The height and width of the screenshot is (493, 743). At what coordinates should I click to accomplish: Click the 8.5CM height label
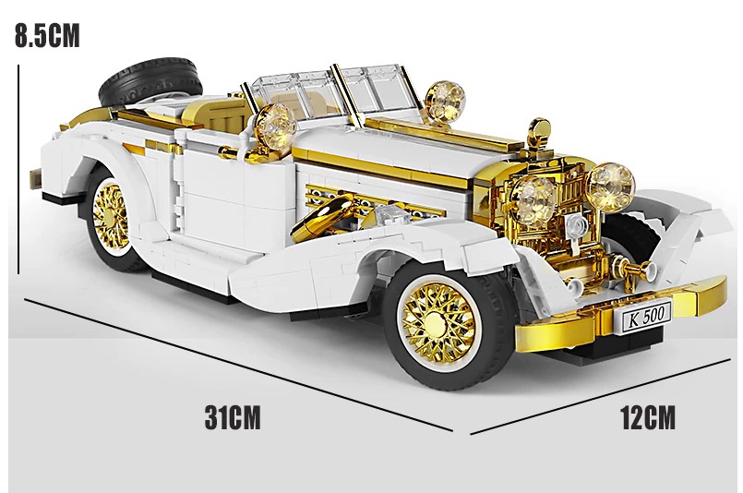coord(47,36)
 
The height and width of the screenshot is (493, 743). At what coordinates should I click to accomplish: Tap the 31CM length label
coord(233,417)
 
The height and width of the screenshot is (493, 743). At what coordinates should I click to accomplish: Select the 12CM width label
coord(648,417)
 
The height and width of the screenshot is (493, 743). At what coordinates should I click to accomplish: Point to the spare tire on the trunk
coord(150,82)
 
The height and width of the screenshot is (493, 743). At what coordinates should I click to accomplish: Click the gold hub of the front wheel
coord(435,323)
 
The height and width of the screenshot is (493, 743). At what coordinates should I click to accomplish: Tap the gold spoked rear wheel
coord(112,217)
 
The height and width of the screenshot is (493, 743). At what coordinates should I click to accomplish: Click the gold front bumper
coord(621,318)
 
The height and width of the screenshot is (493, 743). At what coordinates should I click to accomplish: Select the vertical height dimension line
coord(18,169)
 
